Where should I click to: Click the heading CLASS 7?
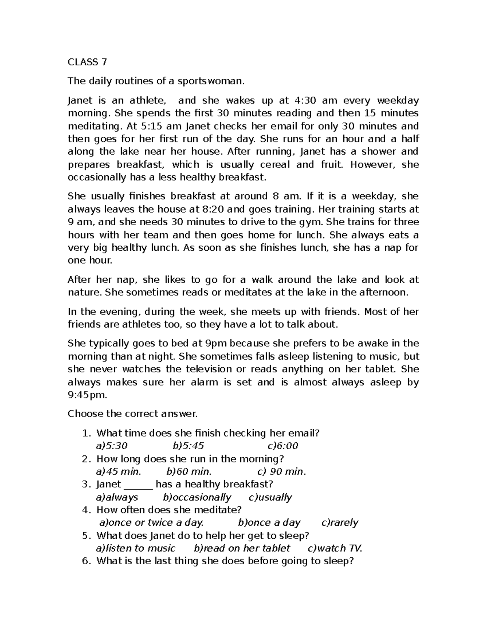pyautogui.click(x=87, y=62)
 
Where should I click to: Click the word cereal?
pyautogui.click(x=275, y=164)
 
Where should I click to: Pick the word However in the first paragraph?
pyautogui.click(x=373, y=164)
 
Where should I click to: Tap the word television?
pyautogui.click(x=208, y=369)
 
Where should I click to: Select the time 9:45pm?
pyautogui.click(x=87, y=395)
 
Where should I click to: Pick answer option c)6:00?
pyautogui.click(x=283, y=446)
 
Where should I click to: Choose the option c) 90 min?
pyautogui.click(x=282, y=471)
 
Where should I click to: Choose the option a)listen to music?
pyautogui.click(x=135, y=548)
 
